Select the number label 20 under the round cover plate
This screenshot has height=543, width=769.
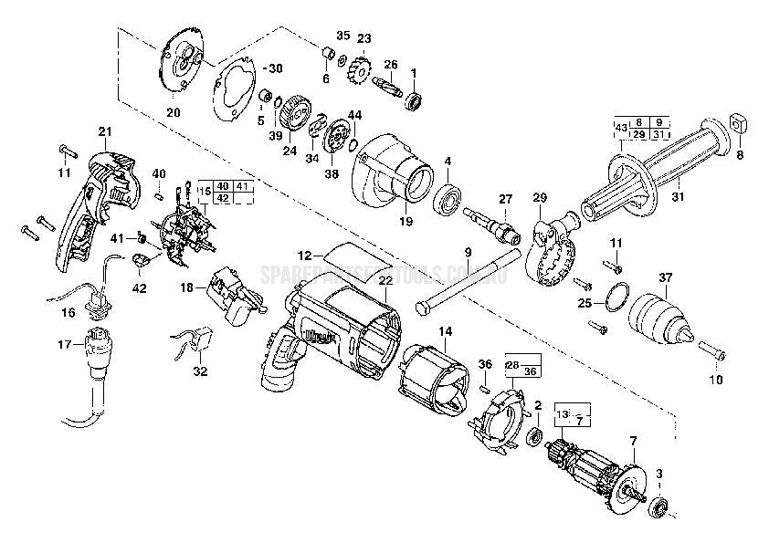(x=173, y=113)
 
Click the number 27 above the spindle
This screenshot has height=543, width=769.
(x=505, y=198)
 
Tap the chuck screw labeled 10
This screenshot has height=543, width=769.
(x=712, y=351)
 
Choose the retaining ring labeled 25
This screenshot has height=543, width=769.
(x=616, y=297)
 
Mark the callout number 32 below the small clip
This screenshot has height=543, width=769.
(x=201, y=371)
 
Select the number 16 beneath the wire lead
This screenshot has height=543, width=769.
(x=68, y=312)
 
